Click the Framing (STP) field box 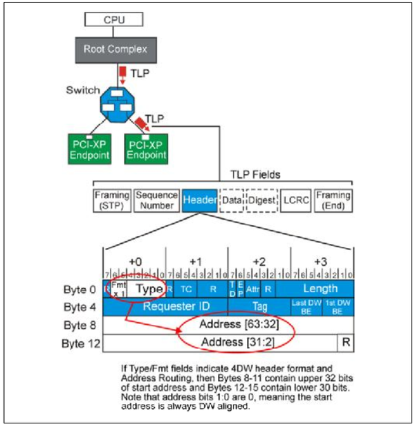click(x=111, y=200)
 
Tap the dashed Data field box click(x=232, y=200)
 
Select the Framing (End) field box click(x=333, y=200)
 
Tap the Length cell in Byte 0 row click(x=321, y=289)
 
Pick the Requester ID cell click(x=165, y=307)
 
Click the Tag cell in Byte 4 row click(x=259, y=307)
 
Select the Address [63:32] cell click(x=228, y=324)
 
